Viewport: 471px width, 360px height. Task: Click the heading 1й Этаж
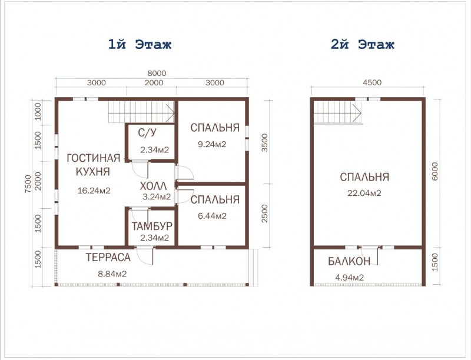[x=140, y=45]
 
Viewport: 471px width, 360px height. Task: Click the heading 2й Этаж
[x=363, y=45]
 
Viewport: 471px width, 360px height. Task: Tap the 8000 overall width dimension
[x=157, y=73]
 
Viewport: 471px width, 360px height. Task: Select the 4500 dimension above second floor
[x=372, y=82]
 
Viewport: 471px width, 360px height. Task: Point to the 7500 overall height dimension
[x=28, y=184]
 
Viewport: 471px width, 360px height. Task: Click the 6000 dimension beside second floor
[x=434, y=171]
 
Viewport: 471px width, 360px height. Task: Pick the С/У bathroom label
[x=147, y=132]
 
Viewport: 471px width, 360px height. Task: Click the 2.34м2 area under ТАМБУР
[x=154, y=238]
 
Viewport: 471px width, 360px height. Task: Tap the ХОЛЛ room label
[x=153, y=186]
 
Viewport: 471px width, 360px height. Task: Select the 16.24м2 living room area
[x=94, y=191]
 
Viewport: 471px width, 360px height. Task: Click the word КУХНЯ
[x=93, y=172]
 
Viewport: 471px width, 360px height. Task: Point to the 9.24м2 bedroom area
[x=212, y=144]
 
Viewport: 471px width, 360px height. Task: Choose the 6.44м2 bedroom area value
[x=212, y=216]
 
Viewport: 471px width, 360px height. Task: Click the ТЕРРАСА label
[x=108, y=258]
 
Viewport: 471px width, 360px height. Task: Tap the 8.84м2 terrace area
[x=112, y=274]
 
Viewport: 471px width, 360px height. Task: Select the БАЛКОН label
[x=349, y=262]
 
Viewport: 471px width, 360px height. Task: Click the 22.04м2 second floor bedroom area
[x=364, y=193]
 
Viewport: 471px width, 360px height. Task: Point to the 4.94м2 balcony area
[x=349, y=278]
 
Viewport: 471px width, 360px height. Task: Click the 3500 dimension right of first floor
[x=264, y=142]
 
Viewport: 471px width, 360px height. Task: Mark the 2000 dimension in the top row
[x=154, y=82]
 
